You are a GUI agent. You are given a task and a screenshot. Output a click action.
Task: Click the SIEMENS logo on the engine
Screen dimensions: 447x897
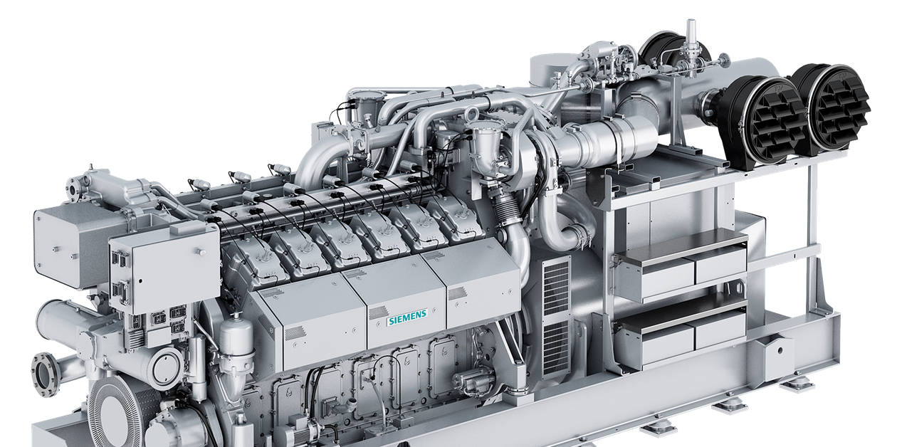[407, 316]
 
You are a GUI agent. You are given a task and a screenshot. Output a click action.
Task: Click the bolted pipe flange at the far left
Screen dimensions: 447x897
[44, 372]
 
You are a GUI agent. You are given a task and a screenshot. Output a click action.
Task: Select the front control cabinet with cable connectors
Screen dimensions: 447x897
[164, 271]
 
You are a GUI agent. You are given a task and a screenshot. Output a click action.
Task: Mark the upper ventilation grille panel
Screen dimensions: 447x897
[556, 285]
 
